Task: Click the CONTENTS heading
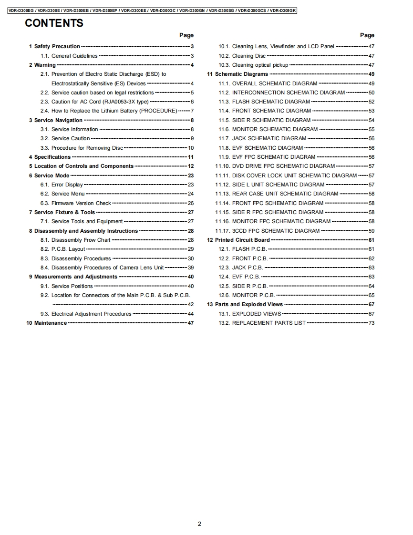point(54,23)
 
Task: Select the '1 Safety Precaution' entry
point(54,46)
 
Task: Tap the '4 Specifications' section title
point(50,157)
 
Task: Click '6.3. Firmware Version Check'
point(81,203)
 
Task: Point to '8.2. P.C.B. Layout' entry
point(68,249)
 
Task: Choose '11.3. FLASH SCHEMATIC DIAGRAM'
point(271,102)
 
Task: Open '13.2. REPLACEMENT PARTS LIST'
point(268,323)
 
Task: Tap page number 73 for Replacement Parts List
point(371,323)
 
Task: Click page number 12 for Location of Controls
point(191,166)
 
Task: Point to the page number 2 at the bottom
point(199,524)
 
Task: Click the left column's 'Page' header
point(186,35)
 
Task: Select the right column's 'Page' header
point(367,35)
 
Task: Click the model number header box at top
point(153,10)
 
